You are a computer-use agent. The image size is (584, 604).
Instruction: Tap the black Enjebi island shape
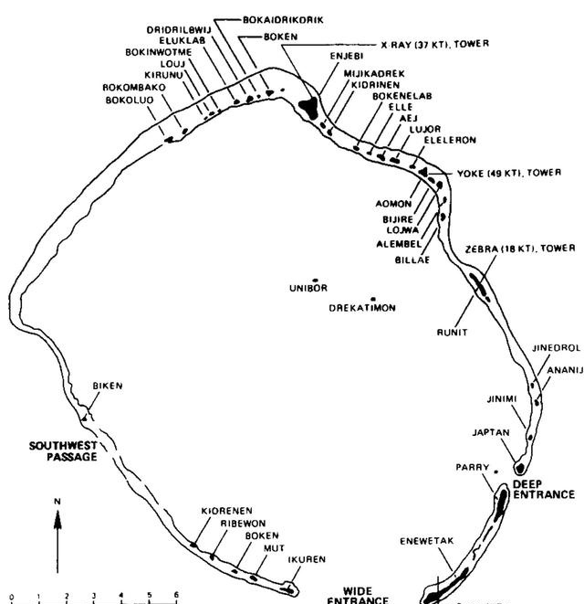(x=309, y=106)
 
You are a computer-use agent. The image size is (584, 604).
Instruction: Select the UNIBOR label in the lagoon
(x=308, y=289)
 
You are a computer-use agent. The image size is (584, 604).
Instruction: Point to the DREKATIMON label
(x=362, y=309)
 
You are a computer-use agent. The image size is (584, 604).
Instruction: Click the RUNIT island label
(x=452, y=333)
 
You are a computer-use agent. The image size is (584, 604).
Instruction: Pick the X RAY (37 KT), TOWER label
(x=434, y=43)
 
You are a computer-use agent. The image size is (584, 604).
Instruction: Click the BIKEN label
(x=107, y=386)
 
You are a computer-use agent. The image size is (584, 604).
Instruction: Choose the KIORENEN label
(x=226, y=511)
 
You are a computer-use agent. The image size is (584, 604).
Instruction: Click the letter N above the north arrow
(x=57, y=501)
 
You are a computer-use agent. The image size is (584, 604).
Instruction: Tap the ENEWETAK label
(x=426, y=541)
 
